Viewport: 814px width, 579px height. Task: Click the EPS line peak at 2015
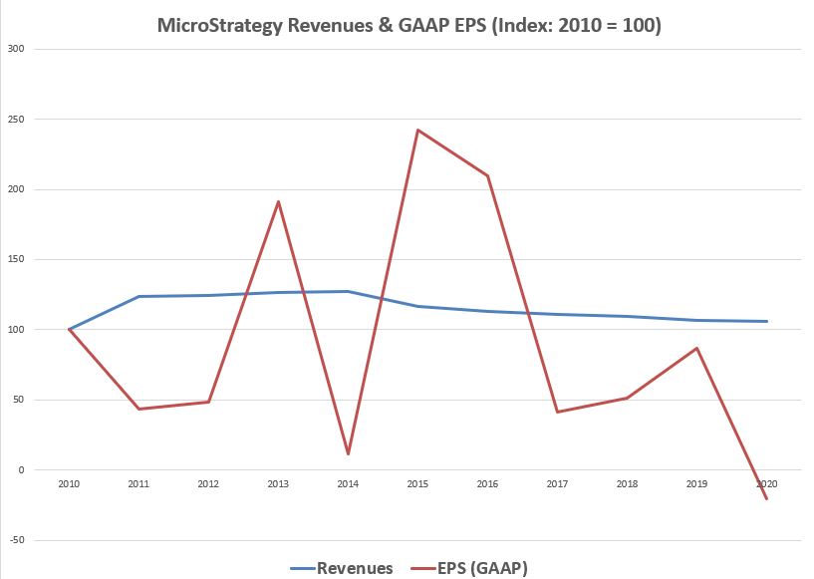417,130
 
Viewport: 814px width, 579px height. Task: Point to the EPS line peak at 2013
278,201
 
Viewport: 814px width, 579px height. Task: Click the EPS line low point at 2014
348,454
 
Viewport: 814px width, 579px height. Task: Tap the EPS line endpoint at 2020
766,498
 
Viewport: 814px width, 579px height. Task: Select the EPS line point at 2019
696,348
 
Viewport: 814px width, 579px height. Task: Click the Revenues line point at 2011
138,296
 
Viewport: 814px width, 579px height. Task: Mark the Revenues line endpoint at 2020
766,321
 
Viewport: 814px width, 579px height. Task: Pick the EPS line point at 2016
487,175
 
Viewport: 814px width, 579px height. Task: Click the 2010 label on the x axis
69,483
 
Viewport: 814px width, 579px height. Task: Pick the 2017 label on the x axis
557,483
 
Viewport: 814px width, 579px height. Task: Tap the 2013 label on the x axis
278,483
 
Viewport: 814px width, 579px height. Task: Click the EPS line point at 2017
557,412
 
